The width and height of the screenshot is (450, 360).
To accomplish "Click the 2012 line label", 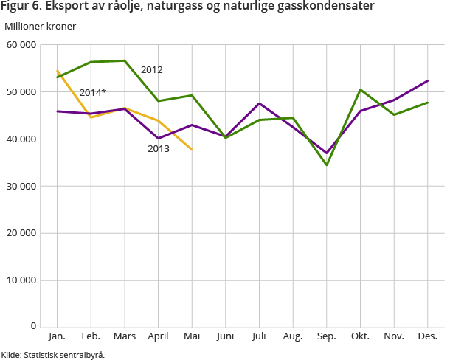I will pyautogui.click(x=151, y=70).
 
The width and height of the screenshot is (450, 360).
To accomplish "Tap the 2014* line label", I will pyautogui.click(x=93, y=92).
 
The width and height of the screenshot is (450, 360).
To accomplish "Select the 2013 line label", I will pyautogui.click(x=158, y=148).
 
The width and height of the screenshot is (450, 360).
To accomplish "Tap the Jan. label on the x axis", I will pyautogui.click(x=57, y=336).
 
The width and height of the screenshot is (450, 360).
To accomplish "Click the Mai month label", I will pyautogui.click(x=192, y=336).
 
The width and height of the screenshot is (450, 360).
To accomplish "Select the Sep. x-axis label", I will pyautogui.click(x=327, y=336).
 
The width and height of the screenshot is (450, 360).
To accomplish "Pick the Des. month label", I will pyautogui.click(x=428, y=336).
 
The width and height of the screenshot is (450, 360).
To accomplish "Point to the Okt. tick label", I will pyautogui.click(x=360, y=336).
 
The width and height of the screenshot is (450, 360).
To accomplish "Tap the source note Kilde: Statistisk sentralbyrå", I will pyautogui.click(x=53, y=354).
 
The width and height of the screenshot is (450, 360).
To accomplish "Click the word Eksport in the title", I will pyautogui.click(x=66, y=7).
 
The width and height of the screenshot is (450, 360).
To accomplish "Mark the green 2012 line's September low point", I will pyautogui.click(x=327, y=165).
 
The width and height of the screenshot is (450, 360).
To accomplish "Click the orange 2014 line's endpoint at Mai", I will pyautogui.click(x=192, y=150).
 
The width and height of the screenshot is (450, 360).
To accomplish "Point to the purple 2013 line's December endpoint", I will pyautogui.click(x=428, y=81).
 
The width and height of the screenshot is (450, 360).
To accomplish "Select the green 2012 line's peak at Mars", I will pyautogui.click(x=125, y=60).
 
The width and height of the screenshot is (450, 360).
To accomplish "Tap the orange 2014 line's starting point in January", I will pyautogui.click(x=58, y=71).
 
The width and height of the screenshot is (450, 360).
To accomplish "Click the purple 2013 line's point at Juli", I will pyautogui.click(x=259, y=103).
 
